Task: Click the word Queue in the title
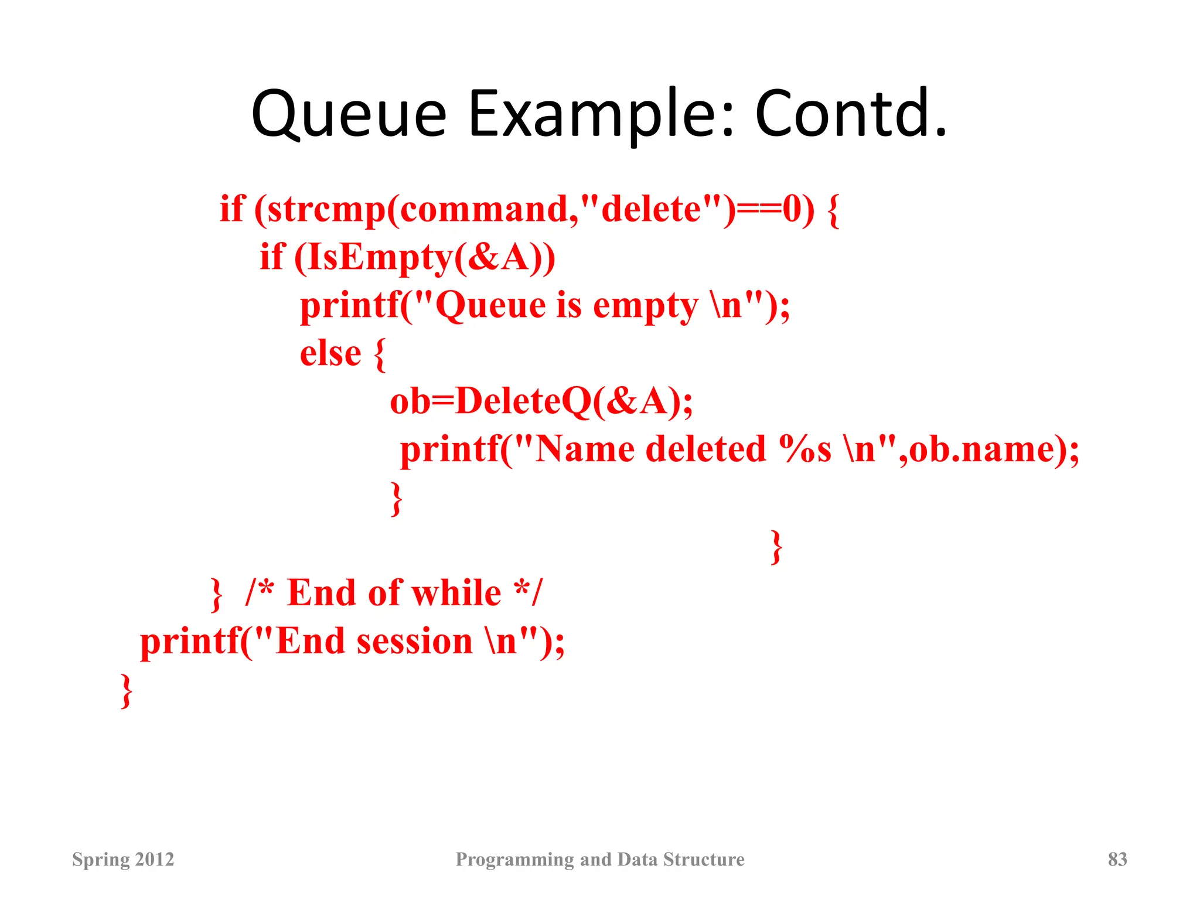[x=349, y=114]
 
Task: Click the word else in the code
[x=330, y=353]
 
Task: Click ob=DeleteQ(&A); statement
[x=541, y=402]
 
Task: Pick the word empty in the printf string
[x=645, y=306]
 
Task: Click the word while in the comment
[x=456, y=593]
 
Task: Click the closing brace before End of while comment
[x=216, y=595]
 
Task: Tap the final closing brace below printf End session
[x=126, y=691]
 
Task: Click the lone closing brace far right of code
[x=776, y=547]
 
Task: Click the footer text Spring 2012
[x=123, y=859]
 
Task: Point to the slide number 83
[x=1117, y=859]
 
